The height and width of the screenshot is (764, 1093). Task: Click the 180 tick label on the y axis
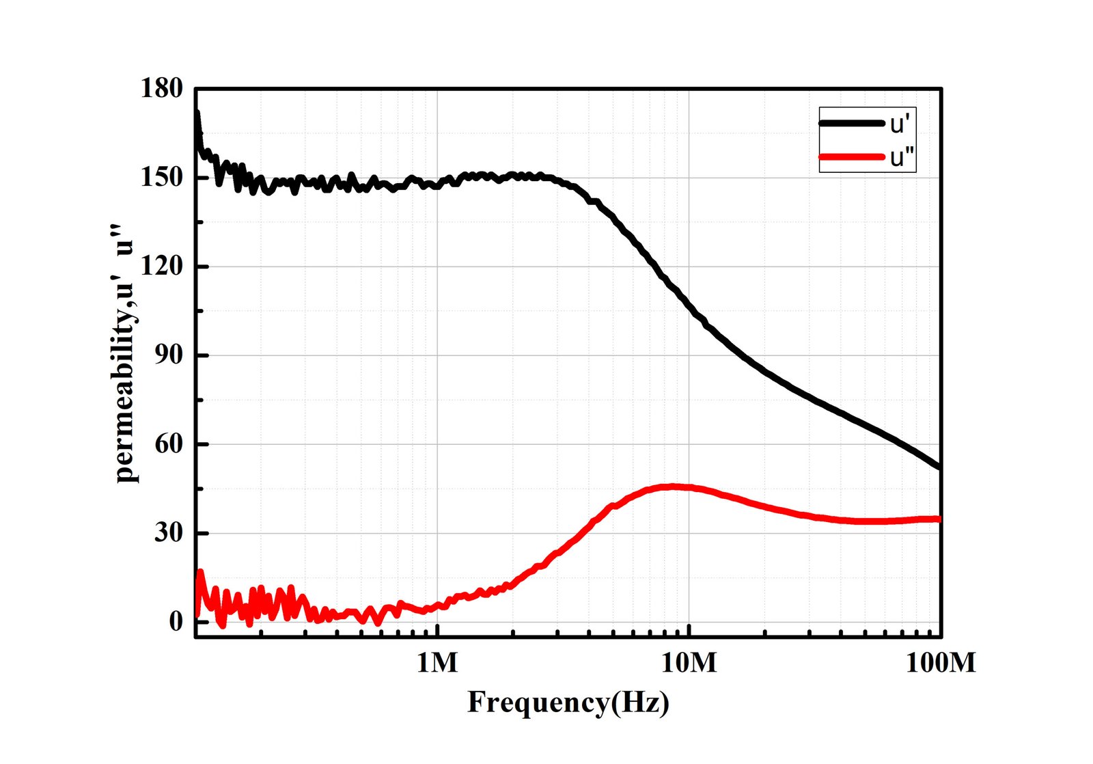coord(162,89)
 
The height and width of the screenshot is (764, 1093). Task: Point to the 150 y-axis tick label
coord(162,178)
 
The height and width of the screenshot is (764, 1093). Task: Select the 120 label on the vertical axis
coord(162,267)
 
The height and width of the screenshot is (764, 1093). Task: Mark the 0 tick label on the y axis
coord(176,622)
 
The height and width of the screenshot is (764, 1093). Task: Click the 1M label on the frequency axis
coord(437,662)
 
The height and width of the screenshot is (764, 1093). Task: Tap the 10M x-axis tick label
coord(689,662)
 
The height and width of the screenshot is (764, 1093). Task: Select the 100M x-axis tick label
coord(941,662)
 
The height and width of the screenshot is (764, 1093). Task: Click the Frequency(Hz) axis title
coord(568,702)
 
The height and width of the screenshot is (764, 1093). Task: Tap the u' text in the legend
coord(898,124)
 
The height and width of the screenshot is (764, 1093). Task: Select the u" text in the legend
coord(901,158)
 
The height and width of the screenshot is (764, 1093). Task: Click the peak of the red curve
coord(673,487)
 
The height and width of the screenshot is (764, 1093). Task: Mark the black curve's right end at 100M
coord(939,467)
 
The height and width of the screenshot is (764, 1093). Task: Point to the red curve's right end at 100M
coord(939,519)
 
